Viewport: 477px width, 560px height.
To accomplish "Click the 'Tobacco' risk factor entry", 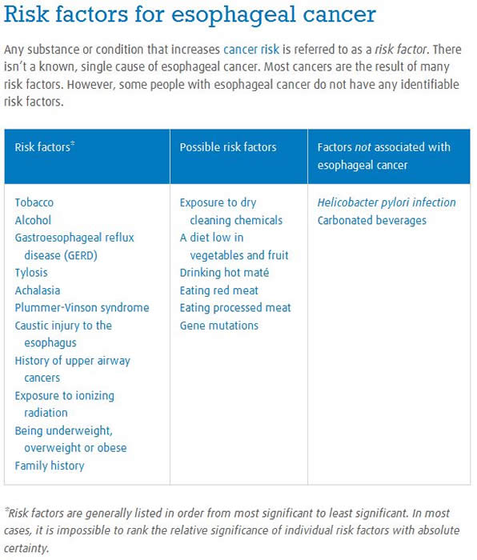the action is click(x=34, y=202).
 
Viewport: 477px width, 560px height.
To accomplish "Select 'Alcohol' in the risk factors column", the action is click(x=33, y=220).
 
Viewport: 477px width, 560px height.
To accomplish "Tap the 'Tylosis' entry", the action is click(x=31, y=273).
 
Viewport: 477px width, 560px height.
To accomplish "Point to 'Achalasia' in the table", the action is click(x=37, y=290).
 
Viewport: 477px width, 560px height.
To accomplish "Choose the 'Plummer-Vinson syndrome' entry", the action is click(x=82, y=308).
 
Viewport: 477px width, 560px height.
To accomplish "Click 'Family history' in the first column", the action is click(x=49, y=466).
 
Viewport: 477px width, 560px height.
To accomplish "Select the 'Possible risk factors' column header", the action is click(x=228, y=147).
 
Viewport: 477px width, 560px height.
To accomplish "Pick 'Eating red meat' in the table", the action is click(x=218, y=290).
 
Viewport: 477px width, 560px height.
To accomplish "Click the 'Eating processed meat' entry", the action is click(x=235, y=308).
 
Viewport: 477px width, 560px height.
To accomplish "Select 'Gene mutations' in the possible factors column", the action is click(x=218, y=326).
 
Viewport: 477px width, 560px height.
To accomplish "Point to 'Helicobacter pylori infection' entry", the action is click(x=387, y=202).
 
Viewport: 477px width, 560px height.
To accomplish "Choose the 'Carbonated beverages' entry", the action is click(x=371, y=220).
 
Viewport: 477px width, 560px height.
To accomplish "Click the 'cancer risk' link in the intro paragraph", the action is click(x=251, y=50).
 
